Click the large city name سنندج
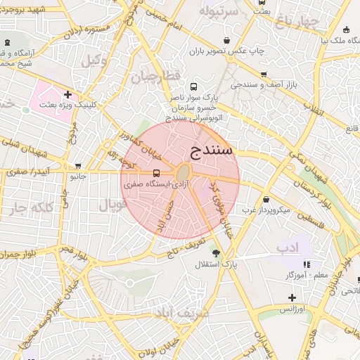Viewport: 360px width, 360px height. [212, 150]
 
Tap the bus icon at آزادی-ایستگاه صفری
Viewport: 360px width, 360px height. [156, 173]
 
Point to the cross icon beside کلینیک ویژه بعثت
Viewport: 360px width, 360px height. [67, 94]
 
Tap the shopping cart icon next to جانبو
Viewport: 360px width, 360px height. [78, 167]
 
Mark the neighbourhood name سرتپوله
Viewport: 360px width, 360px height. [221, 12]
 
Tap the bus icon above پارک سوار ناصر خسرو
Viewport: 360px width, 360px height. [174, 86]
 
